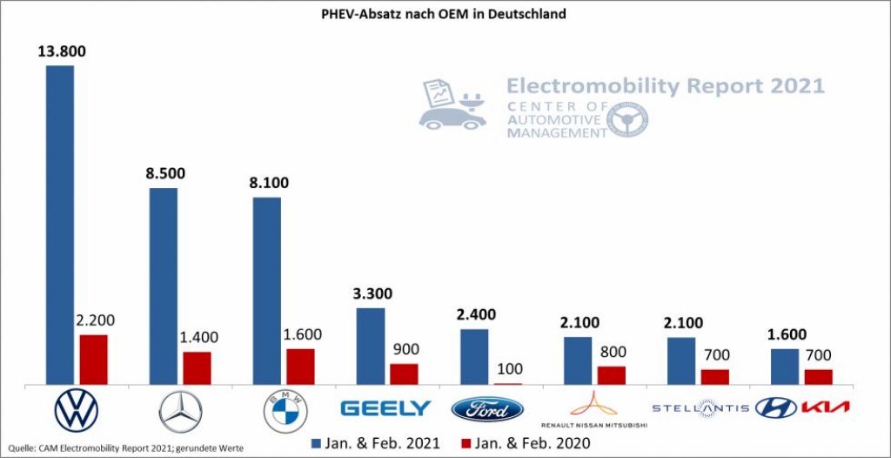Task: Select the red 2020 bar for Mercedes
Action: click(197, 367)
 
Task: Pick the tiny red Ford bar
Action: click(508, 382)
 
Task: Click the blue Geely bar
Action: click(371, 346)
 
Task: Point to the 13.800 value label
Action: click(61, 51)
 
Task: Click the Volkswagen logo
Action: click(77, 409)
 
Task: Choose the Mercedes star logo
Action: click(181, 411)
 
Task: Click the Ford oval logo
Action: click(487, 408)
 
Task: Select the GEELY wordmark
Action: click(385, 407)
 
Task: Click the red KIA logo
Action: click(825, 407)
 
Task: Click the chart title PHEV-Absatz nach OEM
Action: click(445, 15)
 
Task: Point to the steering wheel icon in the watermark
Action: click(627, 119)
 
